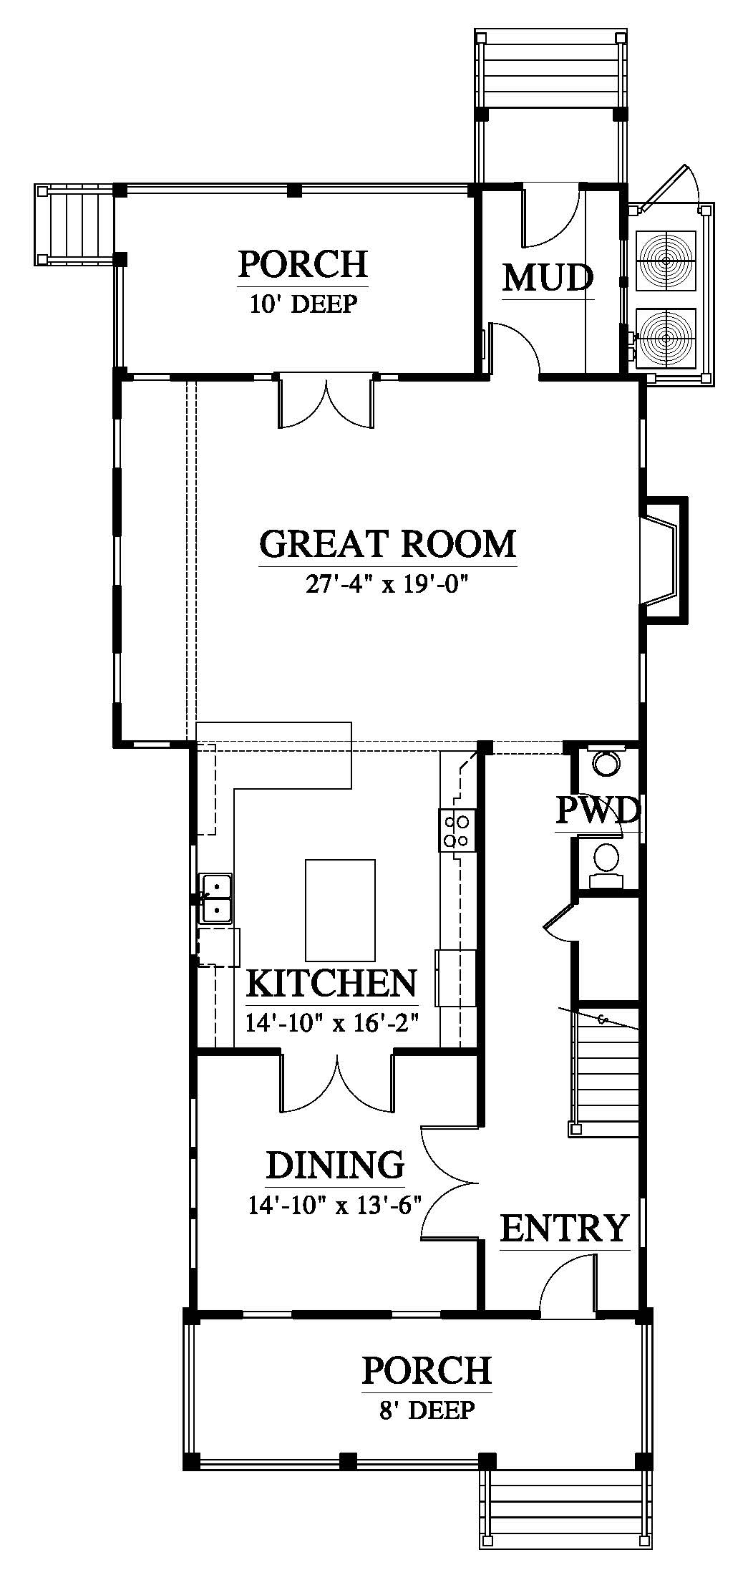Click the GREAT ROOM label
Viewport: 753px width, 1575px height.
[387, 543]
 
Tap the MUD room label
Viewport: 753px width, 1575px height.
[548, 278]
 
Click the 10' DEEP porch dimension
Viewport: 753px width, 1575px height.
[303, 304]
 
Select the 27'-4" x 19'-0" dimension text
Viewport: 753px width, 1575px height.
[387, 585]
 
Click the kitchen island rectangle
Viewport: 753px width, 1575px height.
[341, 910]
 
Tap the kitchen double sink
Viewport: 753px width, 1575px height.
[215, 898]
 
